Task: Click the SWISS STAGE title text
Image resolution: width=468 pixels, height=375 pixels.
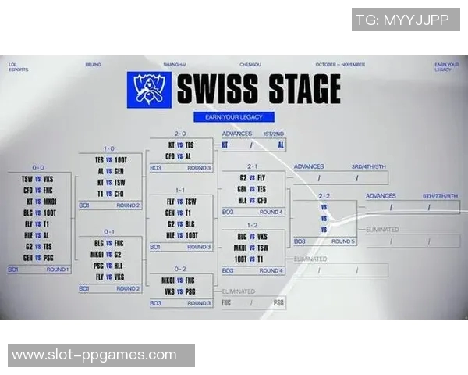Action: pyautogui.click(x=258, y=88)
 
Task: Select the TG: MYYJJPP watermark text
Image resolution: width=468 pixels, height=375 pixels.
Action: pyautogui.click(x=406, y=20)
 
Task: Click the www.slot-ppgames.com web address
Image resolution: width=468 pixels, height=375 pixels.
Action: pyautogui.click(x=94, y=355)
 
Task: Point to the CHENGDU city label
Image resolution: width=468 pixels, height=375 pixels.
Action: pyautogui.click(x=250, y=64)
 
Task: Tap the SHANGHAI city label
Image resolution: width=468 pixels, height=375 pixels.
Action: pyautogui.click(x=175, y=64)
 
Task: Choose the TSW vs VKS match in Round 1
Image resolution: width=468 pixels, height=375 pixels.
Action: pyautogui.click(x=38, y=179)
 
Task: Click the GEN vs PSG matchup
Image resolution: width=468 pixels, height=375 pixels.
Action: pyautogui.click(x=38, y=256)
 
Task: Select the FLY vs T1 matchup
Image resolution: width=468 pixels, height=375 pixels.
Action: pyautogui.click(x=38, y=223)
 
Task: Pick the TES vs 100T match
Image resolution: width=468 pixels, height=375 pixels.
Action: pyautogui.click(x=109, y=159)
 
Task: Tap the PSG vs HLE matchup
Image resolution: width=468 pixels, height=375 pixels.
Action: pyautogui.click(x=109, y=265)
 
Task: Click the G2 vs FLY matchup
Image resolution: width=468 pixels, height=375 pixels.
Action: pyautogui.click(x=252, y=177)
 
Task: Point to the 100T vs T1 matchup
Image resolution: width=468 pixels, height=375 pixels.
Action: pyautogui.click(x=252, y=258)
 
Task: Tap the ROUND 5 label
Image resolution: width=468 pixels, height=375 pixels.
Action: pyautogui.click(x=341, y=241)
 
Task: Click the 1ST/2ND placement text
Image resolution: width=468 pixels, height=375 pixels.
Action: pyautogui.click(x=273, y=134)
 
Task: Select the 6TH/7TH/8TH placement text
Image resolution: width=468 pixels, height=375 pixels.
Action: pyautogui.click(x=439, y=196)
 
